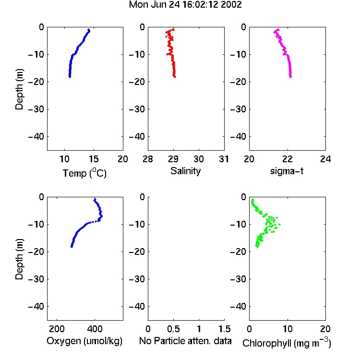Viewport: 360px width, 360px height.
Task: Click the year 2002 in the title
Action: click(x=231, y=5)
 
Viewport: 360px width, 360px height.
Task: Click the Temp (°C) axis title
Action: click(x=84, y=173)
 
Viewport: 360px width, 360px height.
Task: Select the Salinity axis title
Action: click(x=185, y=171)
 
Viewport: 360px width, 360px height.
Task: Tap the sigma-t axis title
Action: click(x=287, y=171)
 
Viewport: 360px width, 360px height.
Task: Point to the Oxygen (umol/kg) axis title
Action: click(x=84, y=341)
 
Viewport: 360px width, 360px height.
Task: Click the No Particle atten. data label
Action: click(x=185, y=341)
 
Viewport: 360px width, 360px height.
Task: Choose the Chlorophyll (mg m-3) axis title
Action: click(x=287, y=343)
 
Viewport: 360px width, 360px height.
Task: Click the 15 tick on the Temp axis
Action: click(x=94, y=159)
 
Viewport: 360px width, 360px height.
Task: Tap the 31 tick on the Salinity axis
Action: click(x=224, y=159)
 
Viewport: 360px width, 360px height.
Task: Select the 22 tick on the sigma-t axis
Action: click(x=287, y=159)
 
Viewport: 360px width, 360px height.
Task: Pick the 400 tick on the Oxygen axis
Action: click(x=95, y=329)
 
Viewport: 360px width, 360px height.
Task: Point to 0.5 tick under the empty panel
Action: click(x=173, y=329)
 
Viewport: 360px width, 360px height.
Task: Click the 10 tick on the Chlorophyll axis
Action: click(x=287, y=329)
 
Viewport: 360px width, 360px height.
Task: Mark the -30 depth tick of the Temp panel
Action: click(x=36, y=109)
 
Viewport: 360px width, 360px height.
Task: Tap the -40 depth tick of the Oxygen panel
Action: click(x=36, y=306)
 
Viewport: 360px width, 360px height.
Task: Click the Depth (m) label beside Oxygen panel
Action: click(x=19, y=259)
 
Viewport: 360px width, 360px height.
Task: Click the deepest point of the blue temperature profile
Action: click(x=70, y=77)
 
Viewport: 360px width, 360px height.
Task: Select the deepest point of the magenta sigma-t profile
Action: click(x=291, y=77)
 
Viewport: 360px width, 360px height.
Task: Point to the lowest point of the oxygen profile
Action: click(x=72, y=247)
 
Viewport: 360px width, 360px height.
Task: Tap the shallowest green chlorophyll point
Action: click(x=252, y=200)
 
